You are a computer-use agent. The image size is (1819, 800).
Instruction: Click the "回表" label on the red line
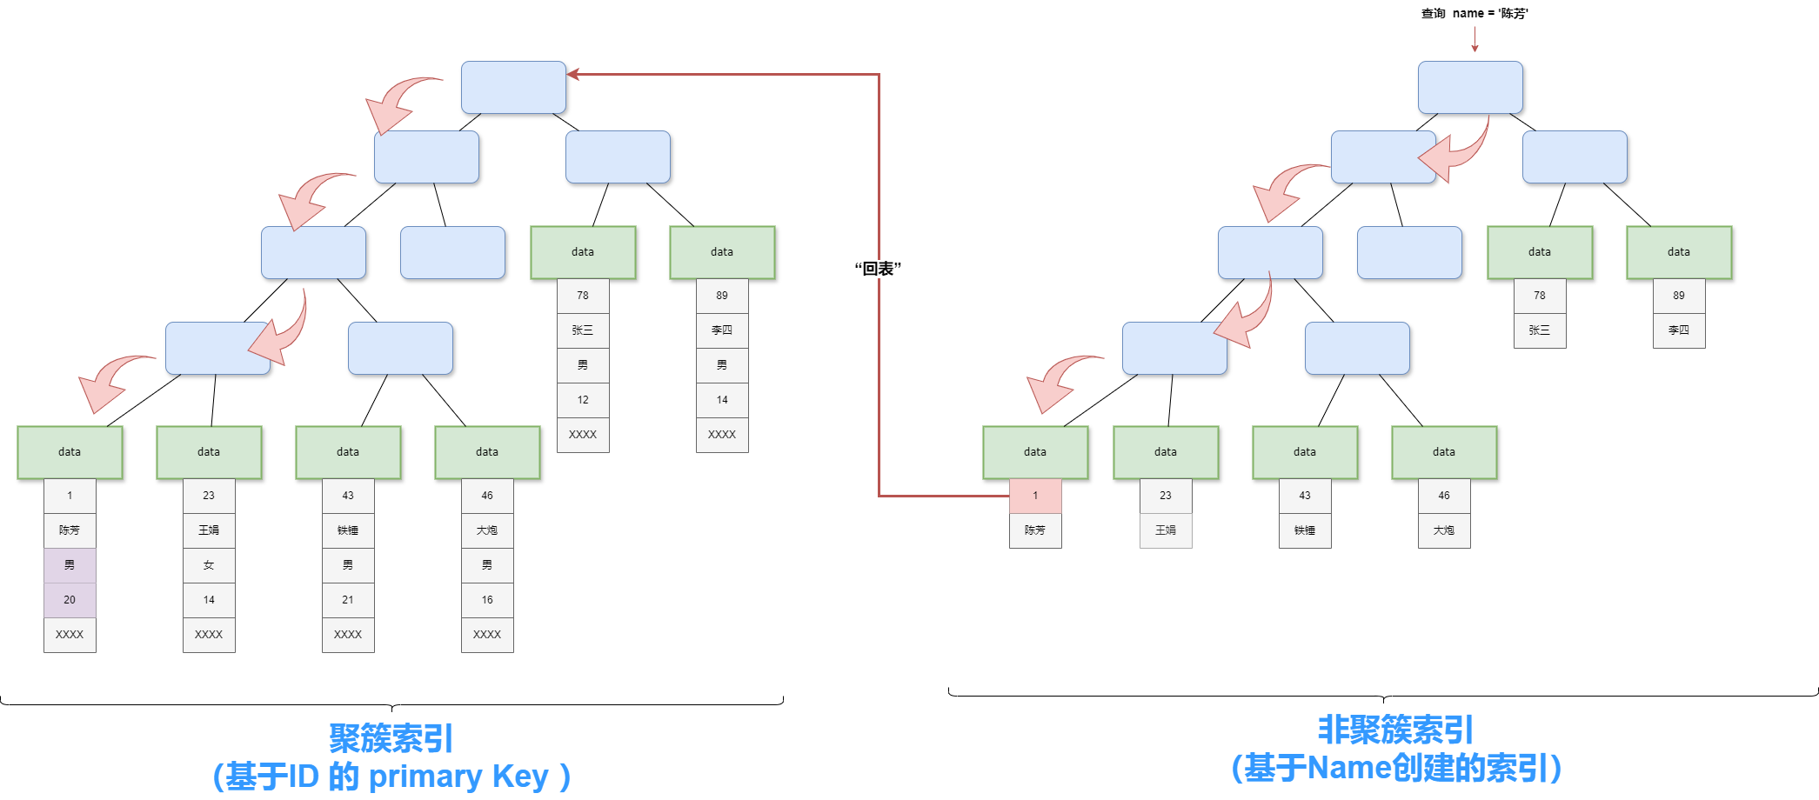(878, 269)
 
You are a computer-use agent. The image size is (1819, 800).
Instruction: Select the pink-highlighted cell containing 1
(1035, 496)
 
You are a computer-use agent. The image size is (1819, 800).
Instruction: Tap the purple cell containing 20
(70, 600)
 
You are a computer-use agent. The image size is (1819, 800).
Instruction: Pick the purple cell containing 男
(70, 565)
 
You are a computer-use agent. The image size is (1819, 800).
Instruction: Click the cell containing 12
(583, 400)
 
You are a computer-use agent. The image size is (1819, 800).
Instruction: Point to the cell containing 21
(348, 600)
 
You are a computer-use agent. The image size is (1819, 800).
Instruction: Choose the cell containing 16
(487, 600)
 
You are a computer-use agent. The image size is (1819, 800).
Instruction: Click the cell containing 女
(209, 565)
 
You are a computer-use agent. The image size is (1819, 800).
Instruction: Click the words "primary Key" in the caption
(458, 776)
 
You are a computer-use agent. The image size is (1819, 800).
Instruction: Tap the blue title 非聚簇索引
(1395, 730)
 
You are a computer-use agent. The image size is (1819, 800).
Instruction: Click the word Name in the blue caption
(1348, 768)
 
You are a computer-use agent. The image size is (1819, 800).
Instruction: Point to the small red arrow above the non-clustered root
(1475, 39)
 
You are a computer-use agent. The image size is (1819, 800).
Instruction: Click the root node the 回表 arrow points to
(513, 87)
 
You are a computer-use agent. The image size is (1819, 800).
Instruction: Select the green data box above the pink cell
(1035, 452)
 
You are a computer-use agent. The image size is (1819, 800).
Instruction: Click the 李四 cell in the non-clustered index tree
(1679, 330)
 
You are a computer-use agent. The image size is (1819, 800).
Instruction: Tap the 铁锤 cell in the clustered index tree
(348, 530)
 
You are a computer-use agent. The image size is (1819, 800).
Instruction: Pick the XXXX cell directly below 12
(583, 435)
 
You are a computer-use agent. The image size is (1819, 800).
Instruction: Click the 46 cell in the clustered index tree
(487, 496)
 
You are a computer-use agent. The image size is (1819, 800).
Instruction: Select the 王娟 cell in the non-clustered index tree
(1166, 530)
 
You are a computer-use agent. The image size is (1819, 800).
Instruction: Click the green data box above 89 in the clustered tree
(722, 252)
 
